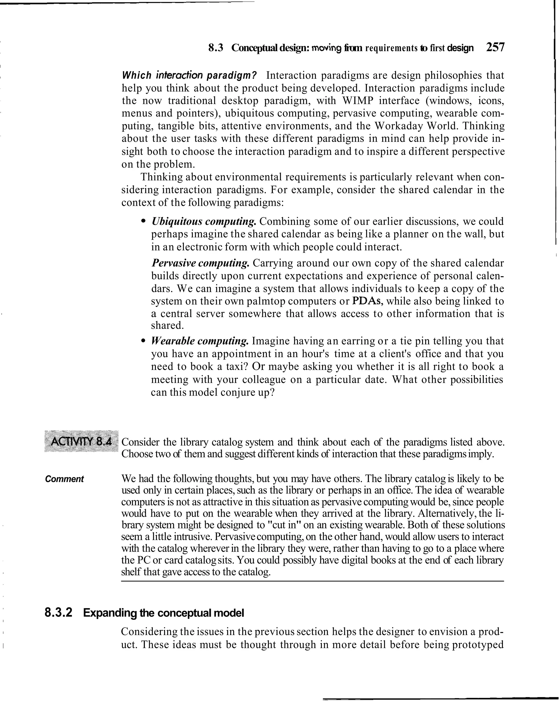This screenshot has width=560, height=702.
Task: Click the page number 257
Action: [495, 48]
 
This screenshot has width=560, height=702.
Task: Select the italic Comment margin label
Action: [65, 479]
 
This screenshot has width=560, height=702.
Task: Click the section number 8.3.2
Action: [59, 613]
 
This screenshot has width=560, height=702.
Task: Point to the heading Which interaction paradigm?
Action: [189, 75]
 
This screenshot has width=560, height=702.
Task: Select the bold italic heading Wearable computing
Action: [200, 341]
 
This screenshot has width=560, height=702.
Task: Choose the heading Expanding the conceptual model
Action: [164, 613]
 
